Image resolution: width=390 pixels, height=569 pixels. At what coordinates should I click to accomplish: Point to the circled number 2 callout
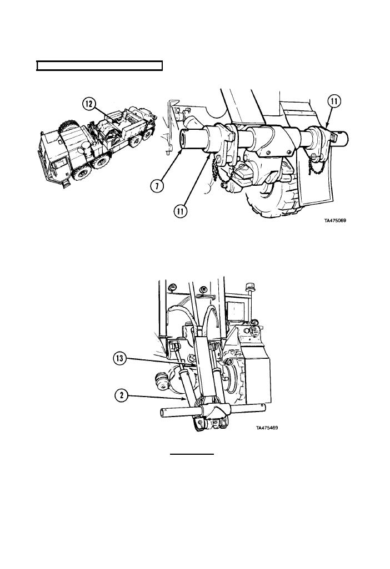pos(122,395)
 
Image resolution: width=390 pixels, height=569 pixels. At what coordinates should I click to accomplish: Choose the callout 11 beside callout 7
pos(181,211)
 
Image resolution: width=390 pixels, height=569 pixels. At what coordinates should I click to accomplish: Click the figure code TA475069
pos(335,220)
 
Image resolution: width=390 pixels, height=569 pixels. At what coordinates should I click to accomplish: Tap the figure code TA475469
pos(267,428)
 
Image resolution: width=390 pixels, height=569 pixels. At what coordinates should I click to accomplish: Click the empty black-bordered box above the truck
pos(99,66)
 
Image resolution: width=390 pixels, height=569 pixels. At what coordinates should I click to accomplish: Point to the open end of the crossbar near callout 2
pos(162,413)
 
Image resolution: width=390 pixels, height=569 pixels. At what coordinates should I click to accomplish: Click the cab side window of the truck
pos(57,169)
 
